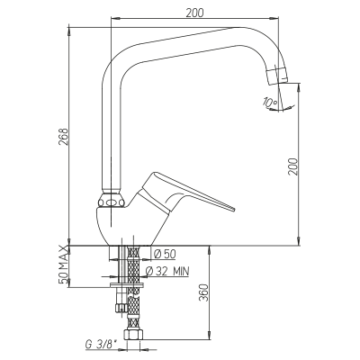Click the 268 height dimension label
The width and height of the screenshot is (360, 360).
(63, 137)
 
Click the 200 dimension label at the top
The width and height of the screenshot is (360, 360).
(194, 13)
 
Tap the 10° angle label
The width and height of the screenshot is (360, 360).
(270, 103)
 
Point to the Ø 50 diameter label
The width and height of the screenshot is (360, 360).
(165, 254)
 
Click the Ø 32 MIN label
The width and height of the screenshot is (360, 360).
(167, 271)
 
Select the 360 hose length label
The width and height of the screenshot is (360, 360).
(203, 292)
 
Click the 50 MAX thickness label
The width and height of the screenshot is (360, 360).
(63, 265)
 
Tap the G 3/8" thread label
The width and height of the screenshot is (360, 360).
(101, 345)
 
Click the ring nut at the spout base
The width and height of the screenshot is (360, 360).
(112, 201)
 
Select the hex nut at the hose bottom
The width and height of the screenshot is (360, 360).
(133, 335)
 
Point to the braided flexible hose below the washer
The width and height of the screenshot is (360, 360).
(133, 308)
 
